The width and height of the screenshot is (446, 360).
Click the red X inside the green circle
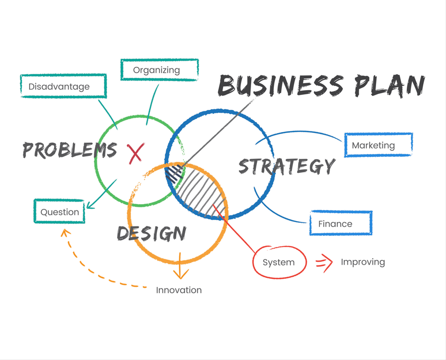tap(135, 153)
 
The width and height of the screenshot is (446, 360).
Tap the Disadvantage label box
tap(64, 86)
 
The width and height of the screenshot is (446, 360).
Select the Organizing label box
tap(159, 70)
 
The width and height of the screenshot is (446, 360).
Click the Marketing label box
tap(378, 145)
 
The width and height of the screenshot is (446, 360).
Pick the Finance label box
tap(341, 223)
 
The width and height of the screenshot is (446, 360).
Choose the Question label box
tap(59, 212)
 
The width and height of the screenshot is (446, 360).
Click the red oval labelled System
tap(279, 262)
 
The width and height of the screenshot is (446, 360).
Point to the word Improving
tap(363, 262)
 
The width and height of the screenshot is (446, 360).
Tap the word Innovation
tap(179, 290)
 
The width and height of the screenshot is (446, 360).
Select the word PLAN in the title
tap(389, 86)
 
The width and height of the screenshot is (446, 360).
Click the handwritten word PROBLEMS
tap(69, 151)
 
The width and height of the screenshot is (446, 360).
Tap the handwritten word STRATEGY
tap(287, 166)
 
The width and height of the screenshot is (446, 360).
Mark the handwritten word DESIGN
tap(151, 233)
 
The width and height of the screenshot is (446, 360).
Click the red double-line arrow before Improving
tap(324, 262)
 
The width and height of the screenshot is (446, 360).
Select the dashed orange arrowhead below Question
tap(65, 233)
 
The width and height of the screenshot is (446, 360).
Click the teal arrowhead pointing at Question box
tap(90, 205)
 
